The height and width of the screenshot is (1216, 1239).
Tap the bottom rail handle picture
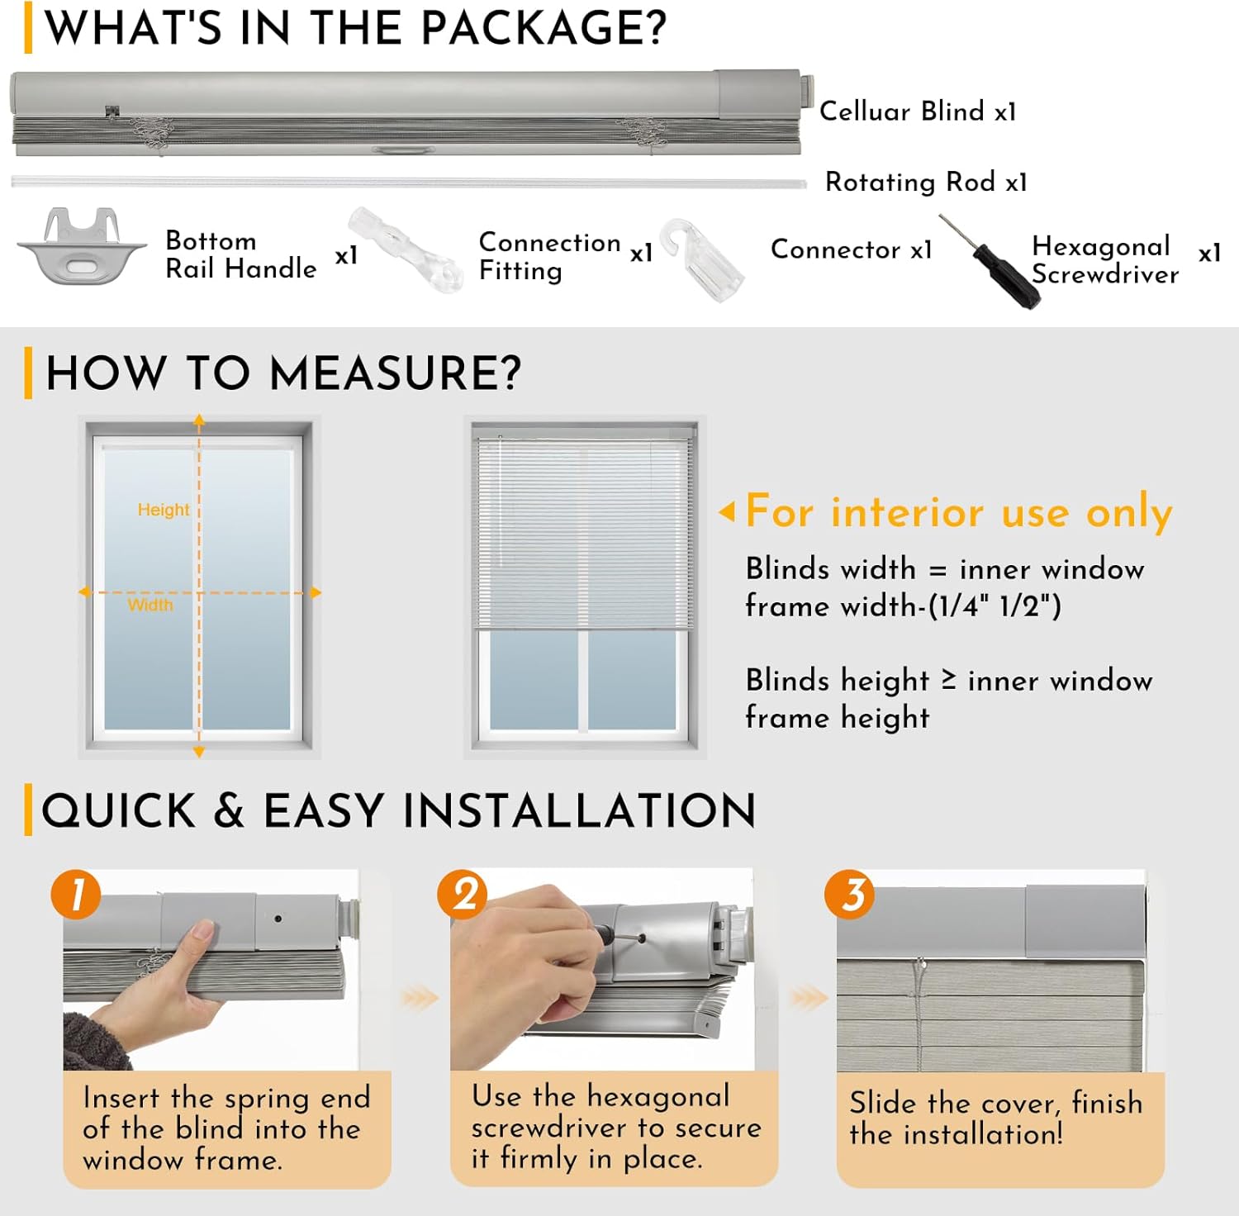click(82, 246)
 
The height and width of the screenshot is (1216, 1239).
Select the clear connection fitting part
click(405, 249)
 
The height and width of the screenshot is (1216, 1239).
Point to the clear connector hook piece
click(702, 259)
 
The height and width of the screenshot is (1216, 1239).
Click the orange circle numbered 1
click(76, 894)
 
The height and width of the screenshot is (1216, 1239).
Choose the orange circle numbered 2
click(463, 894)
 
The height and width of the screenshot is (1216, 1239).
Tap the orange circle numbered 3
click(850, 894)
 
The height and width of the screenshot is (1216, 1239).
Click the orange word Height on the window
click(164, 510)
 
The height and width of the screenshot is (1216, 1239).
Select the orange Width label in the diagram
click(150, 605)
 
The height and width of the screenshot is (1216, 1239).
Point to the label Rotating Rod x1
click(926, 182)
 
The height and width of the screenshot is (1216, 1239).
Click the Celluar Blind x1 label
click(918, 111)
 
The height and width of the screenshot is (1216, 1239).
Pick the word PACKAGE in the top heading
click(544, 28)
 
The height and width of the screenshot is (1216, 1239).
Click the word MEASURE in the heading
click(396, 373)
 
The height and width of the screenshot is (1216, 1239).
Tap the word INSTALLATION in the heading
click(580, 810)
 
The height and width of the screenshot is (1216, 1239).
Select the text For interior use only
click(959, 511)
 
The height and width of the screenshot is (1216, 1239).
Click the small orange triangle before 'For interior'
click(727, 512)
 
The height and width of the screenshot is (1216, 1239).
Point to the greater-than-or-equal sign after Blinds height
click(949, 680)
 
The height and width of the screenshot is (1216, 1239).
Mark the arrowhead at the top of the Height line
click(199, 420)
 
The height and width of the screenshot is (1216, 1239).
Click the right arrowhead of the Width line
click(316, 592)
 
